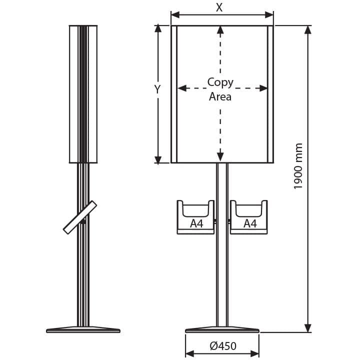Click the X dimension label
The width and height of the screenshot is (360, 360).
point(219,7)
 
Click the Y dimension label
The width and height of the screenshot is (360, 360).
point(157,89)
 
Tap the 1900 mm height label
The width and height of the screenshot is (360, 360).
point(298,166)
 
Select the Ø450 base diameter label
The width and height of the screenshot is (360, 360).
point(223,346)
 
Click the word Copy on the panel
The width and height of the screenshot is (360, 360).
point(220,82)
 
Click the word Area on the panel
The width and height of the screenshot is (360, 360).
point(220,96)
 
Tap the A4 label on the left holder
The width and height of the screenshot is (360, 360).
point(197,223)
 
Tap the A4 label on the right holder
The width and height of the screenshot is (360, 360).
point(250,223)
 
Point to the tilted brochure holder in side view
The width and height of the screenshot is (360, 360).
point(80,217)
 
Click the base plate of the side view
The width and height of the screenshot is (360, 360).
point(83,329)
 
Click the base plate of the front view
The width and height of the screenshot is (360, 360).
point(222,329)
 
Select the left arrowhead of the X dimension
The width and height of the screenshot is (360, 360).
point(175,15)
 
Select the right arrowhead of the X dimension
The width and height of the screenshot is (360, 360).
point(269,15)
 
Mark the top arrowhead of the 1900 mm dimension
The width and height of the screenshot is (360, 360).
point(308,30)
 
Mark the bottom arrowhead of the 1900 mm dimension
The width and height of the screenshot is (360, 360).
point(308,328)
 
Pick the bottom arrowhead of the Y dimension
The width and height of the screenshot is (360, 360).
point(158,160)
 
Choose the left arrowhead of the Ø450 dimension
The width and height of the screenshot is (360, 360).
point(189,354)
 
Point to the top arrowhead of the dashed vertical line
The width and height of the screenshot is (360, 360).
point(220,30)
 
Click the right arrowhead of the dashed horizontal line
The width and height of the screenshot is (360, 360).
point(263,88)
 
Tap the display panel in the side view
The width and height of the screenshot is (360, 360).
point(83,94)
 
